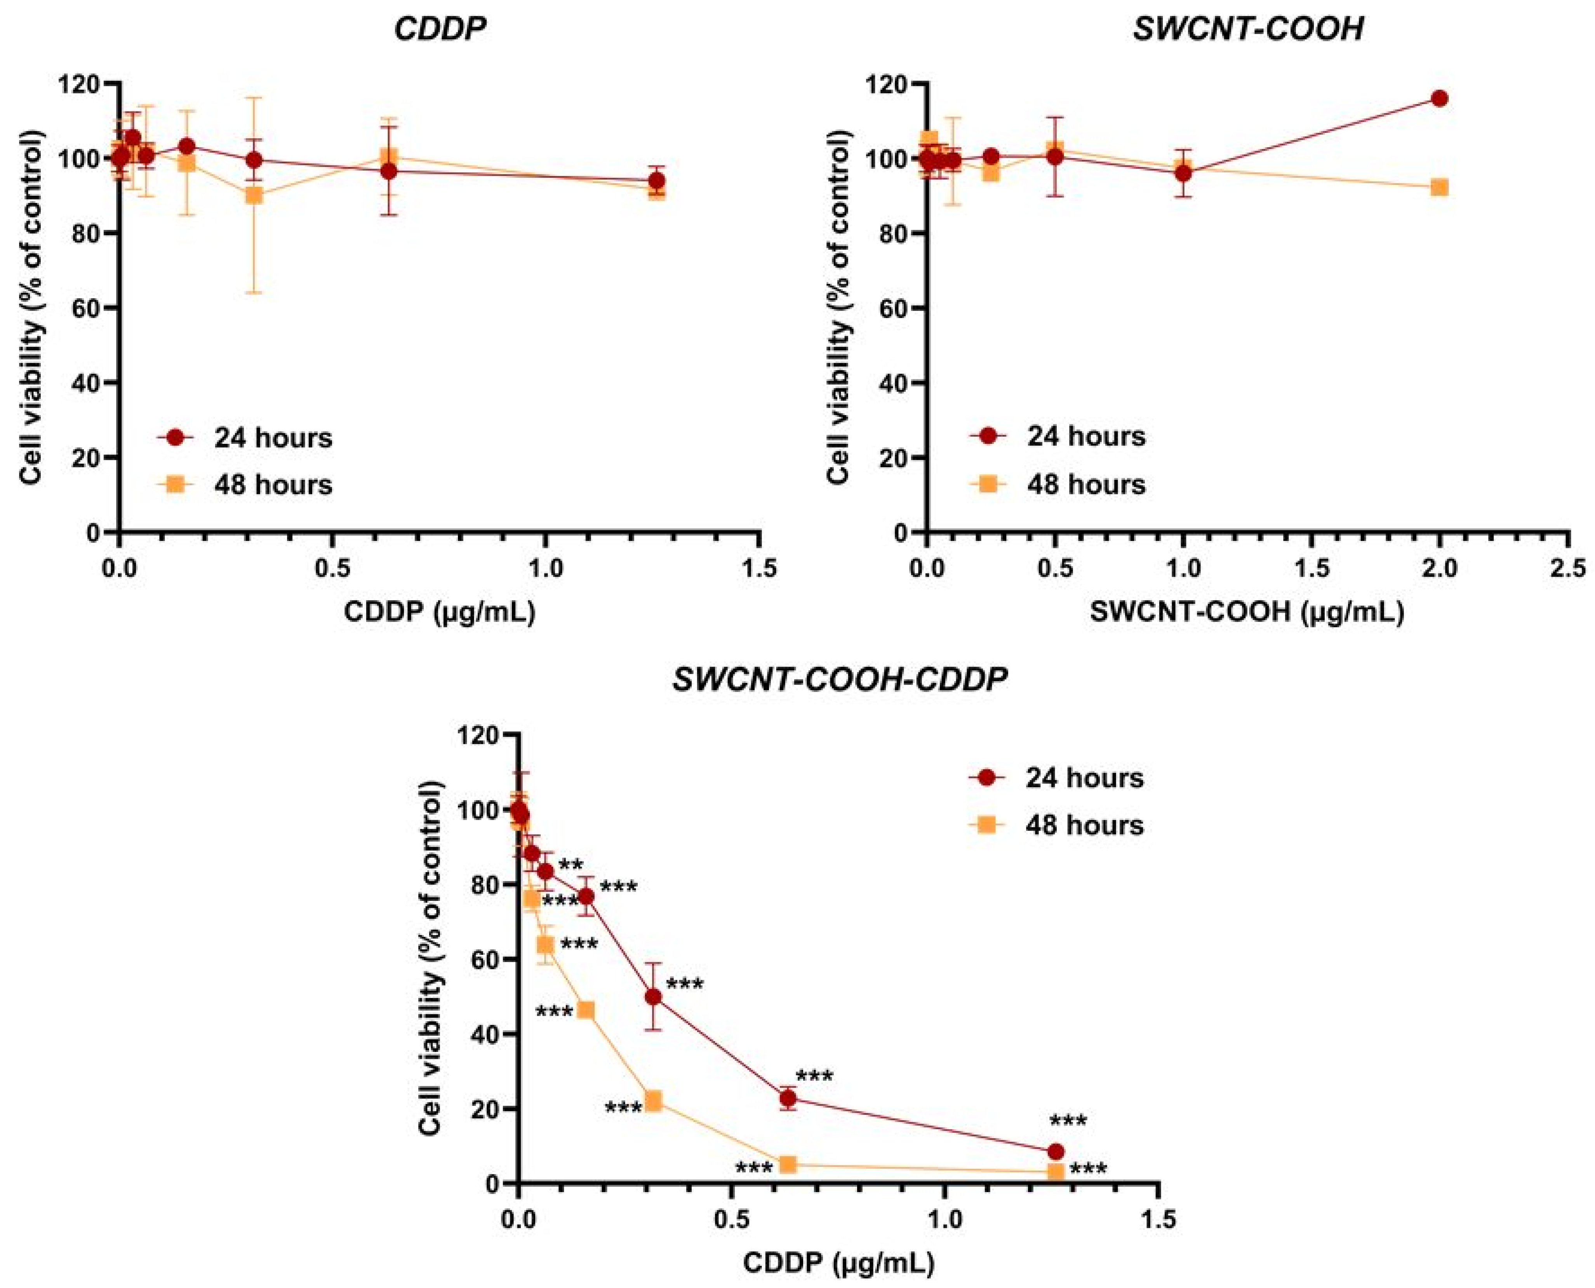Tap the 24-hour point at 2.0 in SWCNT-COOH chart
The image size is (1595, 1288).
pos(1439,99)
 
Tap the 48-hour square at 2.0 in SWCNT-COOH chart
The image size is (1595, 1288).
pos(1439,187)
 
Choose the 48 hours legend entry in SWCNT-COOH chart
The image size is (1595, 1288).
pos(1057,485)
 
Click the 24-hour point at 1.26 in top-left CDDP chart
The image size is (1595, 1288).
pos(656,180)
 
